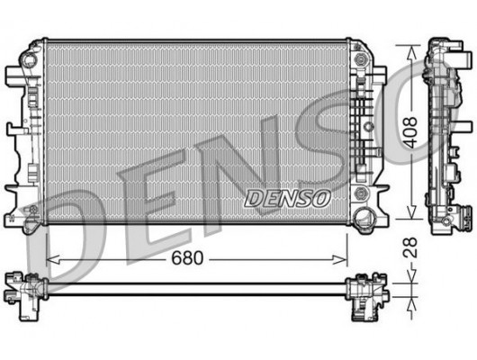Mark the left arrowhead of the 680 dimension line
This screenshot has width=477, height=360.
point(49,259)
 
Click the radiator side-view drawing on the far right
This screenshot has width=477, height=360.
point(445,135)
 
